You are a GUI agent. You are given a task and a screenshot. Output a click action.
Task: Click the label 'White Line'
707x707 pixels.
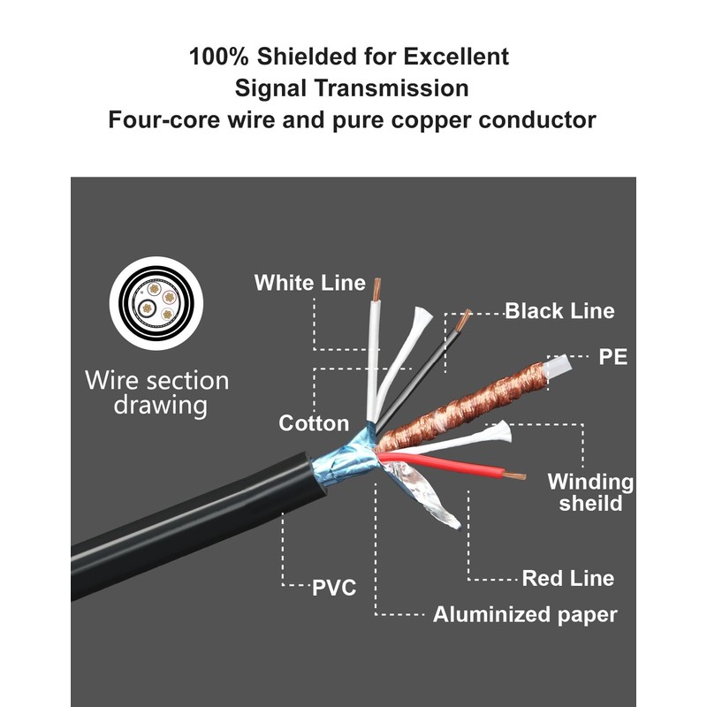pyautogui.click(x=309, y=283)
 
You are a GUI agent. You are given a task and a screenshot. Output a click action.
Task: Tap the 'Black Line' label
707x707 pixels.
pyautogui.click(x=559, y=311)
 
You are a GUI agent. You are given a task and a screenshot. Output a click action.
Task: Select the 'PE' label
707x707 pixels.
pyautogui.click(x=612, y=357)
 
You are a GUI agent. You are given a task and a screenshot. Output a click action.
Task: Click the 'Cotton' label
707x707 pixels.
pyautogui.click(x=314, y=423)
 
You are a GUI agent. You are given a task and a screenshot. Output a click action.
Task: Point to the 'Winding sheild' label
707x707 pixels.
pyautogui.click(x=590, y=492)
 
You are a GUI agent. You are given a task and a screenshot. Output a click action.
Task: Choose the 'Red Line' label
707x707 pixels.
pyautogui.click(x=567, y=579)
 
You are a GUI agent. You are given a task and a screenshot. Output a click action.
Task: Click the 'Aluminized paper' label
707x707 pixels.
pyautogui.click(x=525, y=615)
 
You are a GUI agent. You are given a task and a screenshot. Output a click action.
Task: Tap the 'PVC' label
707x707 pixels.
pyautogui.click(x=334, y=587)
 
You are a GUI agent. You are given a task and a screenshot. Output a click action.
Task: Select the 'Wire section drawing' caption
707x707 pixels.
pyautogui.click(x=156, y=393)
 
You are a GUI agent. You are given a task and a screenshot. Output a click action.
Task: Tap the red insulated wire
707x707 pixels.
pyautogui.click(x=451, y=465)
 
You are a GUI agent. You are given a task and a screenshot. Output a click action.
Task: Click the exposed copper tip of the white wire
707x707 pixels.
pyautogui.click(x=378, y=288)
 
